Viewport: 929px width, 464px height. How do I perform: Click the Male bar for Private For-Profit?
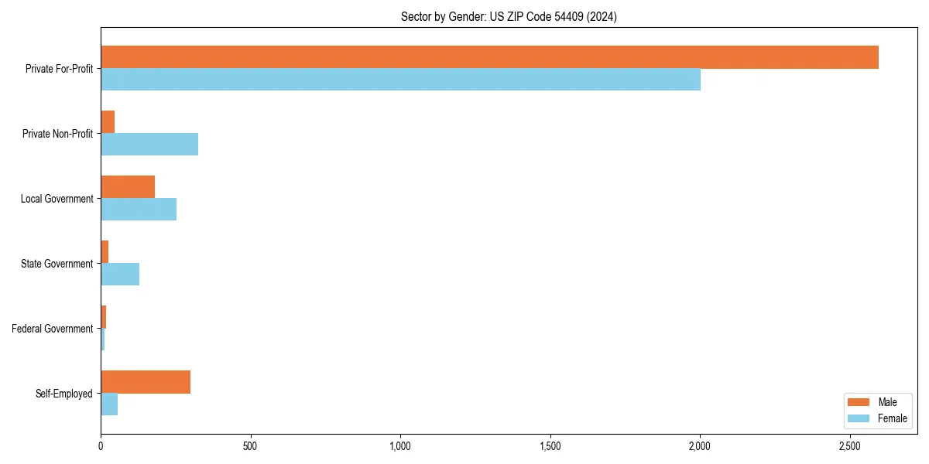pos(489,57)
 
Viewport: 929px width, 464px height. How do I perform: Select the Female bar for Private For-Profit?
pos(400,80)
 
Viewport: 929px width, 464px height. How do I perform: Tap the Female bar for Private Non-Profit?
pos(149,145)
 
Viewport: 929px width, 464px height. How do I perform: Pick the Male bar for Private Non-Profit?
pos(108,122)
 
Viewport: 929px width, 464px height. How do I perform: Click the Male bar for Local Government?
pos(128,187)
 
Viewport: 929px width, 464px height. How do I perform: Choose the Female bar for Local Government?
pos(139,210)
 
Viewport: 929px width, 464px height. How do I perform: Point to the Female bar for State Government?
pos(120,275)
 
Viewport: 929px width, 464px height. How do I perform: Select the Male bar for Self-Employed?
pos(146,382)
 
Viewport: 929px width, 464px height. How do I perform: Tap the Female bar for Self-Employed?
pos(109,404)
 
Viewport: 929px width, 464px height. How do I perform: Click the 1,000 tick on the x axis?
pos(400,446)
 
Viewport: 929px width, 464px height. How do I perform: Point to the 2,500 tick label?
pos(850,446)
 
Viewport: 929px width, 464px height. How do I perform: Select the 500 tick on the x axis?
pos(250,446)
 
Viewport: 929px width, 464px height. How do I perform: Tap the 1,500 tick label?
pos(550,446)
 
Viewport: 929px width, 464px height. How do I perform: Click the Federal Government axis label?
pos(52,329)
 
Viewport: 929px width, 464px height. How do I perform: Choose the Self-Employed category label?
pos(63,394)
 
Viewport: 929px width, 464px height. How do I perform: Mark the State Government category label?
pos(57,264)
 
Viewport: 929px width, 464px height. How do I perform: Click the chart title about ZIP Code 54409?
pos(509,16)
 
